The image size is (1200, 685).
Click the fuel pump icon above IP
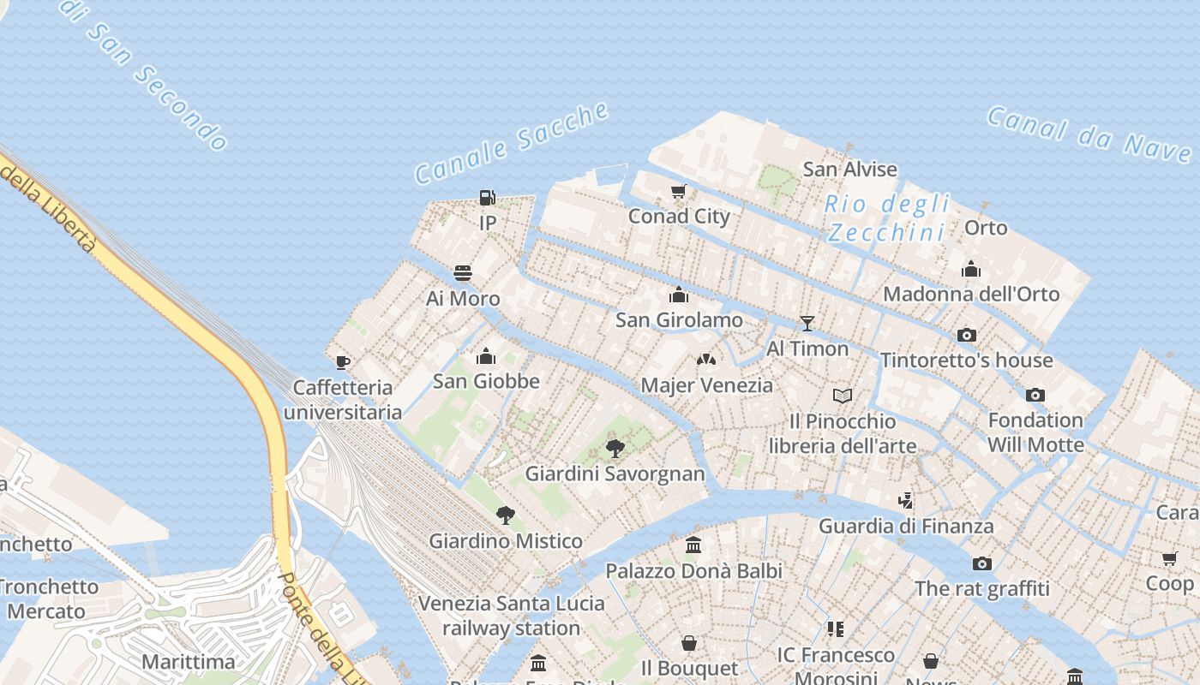click(487, 198)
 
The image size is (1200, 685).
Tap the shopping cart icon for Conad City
click(679, 191)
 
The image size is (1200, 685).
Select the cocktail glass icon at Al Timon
click(807, 323)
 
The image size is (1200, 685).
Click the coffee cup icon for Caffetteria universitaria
click(343, 362)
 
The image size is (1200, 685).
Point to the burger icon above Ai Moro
click(463, 273)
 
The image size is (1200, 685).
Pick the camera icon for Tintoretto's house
click(967, 335)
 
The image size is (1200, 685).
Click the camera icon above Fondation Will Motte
click(1035, 395)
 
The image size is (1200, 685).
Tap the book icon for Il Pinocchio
click(843, 396)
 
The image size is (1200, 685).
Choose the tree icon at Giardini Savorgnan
click(615, 448)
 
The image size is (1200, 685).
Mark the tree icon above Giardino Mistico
click(506, 515)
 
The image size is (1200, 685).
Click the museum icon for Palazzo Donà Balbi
click(693, 545)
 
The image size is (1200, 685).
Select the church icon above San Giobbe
click(486, 355)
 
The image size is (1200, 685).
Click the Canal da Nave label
click(1089, 134)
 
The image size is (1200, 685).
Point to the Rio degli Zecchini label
click(888, 217)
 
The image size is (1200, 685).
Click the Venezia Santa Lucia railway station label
click(512, 616)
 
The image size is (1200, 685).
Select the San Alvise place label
click(849, 169)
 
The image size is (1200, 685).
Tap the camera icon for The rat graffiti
click(982, 563)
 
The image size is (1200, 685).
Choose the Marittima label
click(188, 662)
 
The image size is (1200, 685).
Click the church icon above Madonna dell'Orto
click(971, 269)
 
